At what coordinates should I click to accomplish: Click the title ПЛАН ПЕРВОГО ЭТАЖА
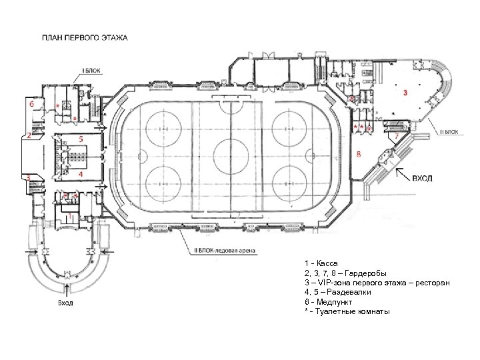(x=85, y=37)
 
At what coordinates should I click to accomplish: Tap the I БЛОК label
(x=91, y=71)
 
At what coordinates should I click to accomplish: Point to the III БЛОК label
(x=449, y=132)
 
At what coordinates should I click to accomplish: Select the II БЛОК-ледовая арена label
(x=225, y=251)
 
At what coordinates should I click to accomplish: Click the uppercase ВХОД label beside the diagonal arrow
(x=422, y=178)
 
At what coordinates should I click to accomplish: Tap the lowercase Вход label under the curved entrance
(x=65, y=303)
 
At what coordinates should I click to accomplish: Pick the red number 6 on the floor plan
(x=31, y=104)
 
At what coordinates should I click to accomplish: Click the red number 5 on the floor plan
(x=81, y=139)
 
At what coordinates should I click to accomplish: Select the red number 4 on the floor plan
(x=81, y=174)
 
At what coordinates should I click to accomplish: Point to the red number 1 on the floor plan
(x=70, y=217)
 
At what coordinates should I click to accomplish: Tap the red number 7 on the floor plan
(x=397, y=135)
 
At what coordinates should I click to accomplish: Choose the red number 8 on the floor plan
(x=359, y=154)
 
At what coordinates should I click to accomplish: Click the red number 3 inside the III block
(x=405, y=92)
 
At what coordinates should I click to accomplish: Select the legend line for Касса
(x=321, y=263)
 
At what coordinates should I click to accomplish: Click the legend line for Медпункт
(x=328, y=302)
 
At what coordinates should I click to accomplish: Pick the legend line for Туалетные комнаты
(x=347, y=312)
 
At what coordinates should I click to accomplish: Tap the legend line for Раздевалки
(x=337, y=293)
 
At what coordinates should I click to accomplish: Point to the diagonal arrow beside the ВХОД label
(x=403, y=175)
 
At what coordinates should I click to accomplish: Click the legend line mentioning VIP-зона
(x=377, y=283)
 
